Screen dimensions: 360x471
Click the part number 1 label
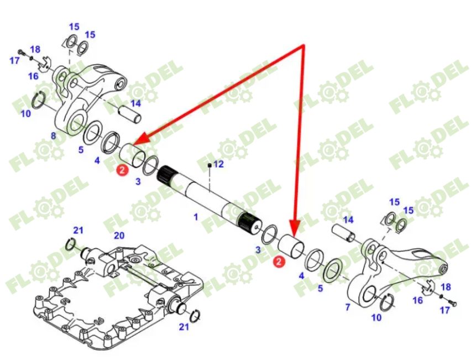tap(195, 217)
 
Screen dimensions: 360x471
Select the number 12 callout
tap(218, 164)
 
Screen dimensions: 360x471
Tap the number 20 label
tap(119, 235)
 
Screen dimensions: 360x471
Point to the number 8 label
tap(53, 136)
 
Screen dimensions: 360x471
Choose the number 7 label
tap(348, 307)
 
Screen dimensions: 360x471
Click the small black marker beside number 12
tap(210, 165)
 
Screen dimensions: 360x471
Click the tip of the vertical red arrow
tap(294, 233)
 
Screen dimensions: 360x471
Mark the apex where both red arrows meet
tap(303, 46)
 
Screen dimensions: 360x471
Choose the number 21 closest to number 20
tap(78, 230)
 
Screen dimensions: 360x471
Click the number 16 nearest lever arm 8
tap(33, 76)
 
